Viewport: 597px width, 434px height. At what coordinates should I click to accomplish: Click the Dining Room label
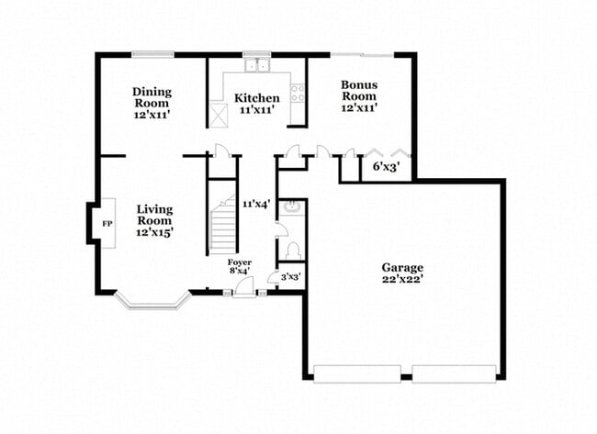point(152,103)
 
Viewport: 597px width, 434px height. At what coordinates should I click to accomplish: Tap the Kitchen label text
point(256,103)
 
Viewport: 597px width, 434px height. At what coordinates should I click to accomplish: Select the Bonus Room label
point(359,96)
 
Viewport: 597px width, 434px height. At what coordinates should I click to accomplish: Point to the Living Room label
point(154,221)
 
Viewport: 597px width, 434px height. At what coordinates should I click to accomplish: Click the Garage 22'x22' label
point(402,273)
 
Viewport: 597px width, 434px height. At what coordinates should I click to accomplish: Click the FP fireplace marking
point(107,224)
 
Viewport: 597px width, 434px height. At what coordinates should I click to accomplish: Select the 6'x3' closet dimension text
point(385,166)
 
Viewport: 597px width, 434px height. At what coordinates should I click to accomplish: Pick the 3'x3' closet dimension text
point(290,276)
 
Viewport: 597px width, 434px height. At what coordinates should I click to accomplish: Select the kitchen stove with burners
point(298,93)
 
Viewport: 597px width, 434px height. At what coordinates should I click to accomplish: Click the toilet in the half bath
point(293,250)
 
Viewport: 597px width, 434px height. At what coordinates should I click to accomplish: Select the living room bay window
point(152,301)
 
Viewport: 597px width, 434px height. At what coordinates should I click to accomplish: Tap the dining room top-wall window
point(152,54)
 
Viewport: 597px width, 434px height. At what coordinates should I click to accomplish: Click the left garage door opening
point(356,373)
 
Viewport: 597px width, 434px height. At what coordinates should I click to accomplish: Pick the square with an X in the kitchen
point(219,116)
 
